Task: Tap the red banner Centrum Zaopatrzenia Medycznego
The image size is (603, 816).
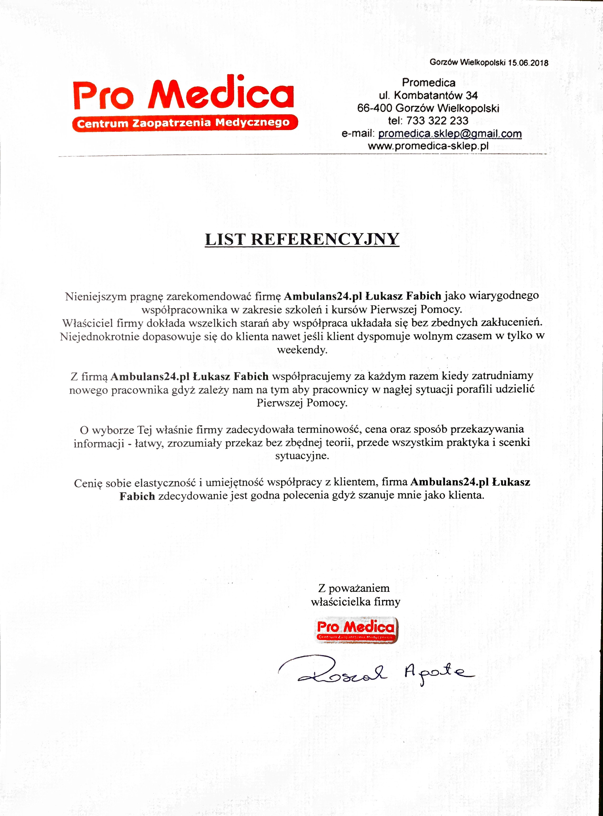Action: [185, 123]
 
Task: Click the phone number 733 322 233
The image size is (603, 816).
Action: [437, 121]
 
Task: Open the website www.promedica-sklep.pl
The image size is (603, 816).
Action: [428, 146]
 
